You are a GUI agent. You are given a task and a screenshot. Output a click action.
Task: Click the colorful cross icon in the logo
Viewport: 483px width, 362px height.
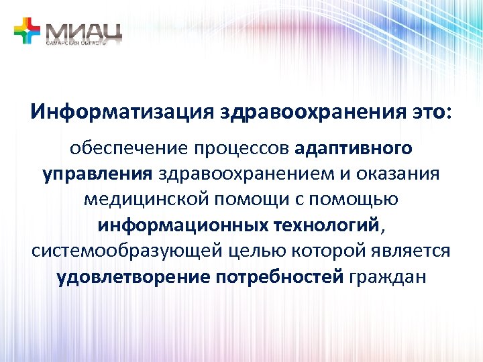[27, 31]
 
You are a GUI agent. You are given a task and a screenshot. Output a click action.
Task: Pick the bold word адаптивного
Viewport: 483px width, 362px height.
[354, 147]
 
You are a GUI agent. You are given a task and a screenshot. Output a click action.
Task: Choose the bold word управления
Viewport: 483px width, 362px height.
[98, 174]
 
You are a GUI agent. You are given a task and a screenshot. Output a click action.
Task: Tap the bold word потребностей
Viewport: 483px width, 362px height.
[281, 276]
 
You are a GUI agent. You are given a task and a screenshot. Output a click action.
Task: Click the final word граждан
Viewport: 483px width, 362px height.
[388, 276]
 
